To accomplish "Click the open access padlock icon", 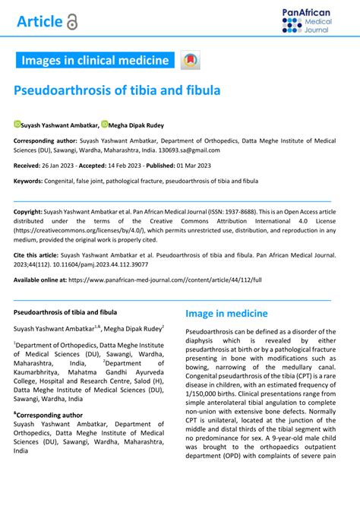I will pos(72,22).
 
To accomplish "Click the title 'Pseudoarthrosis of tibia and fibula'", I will pos(117,90).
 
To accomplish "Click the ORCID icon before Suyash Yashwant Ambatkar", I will pos(17,124).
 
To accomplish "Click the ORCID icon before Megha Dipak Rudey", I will pos(105,124).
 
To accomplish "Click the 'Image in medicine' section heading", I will pos(226,313).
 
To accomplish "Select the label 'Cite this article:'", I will pos(40,258).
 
